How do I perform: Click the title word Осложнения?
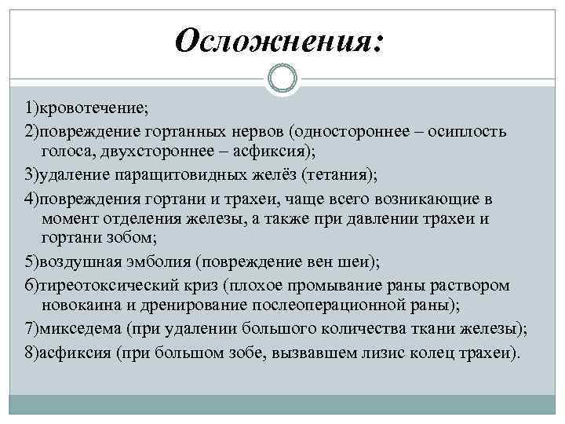coord(276,40)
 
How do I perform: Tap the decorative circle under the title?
coord(282,79)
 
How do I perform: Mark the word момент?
coord(67,217)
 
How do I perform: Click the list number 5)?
coord(32,261)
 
